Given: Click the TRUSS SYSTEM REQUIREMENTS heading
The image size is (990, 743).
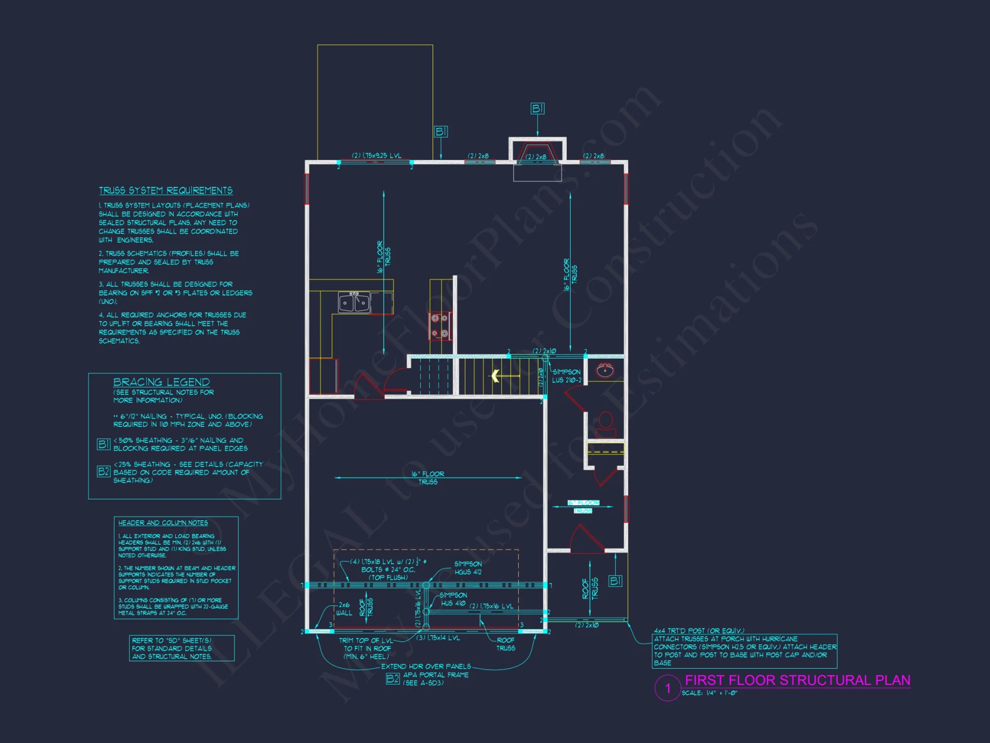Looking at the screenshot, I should [x=166, y=191].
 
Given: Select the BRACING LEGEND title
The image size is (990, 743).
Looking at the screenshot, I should [x=161, y=382].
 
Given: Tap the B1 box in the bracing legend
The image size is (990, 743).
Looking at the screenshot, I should [x=103, y=444].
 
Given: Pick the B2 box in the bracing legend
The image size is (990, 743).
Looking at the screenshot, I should [x=103, y=471].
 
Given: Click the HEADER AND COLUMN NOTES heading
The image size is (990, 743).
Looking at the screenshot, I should [x=163, y=523].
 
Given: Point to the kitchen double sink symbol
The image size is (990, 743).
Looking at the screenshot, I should [x=354, y=302].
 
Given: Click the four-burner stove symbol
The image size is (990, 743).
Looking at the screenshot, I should [x=440, y=326].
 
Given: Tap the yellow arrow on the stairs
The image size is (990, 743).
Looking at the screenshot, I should [x=495, y=376].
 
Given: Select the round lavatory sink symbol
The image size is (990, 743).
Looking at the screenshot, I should [x=605, y=370].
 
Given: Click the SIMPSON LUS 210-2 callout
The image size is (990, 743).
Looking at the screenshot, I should [x=567, y=376].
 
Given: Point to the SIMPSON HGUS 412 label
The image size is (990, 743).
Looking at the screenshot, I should [x=468, y=568].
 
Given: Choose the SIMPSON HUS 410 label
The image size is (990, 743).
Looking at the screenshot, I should [x=453, y=599].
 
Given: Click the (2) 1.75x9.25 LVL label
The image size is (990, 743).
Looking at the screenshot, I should [x=376, y=156].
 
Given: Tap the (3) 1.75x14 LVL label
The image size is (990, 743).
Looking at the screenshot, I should [x=438, y=638].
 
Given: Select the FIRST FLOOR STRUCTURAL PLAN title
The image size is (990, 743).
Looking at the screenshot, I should [x=797, y=680].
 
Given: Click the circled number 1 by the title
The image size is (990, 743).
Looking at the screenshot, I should [x=667, y=688].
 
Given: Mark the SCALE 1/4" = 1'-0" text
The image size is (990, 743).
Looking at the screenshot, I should [x=709, y=693].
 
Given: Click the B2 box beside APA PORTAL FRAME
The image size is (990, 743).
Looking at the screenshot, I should [x=393, y=679].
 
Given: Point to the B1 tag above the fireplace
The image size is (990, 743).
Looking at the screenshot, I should [x=537, y=108].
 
